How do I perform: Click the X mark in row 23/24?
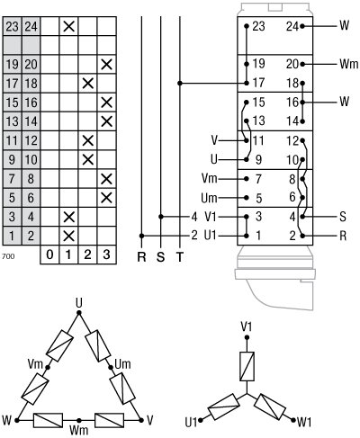point(68,27)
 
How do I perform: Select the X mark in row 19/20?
point(107,65)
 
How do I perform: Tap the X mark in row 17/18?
point(88,84)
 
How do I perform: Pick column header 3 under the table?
point(107,255)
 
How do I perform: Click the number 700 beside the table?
point(9,256)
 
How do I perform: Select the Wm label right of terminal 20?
point(349,65)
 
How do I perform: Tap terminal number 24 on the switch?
point(292,27)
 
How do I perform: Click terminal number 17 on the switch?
point(258,83)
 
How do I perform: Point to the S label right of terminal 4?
point(343,216)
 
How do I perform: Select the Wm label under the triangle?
point(79,431)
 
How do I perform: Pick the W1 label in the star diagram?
point(303,421)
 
